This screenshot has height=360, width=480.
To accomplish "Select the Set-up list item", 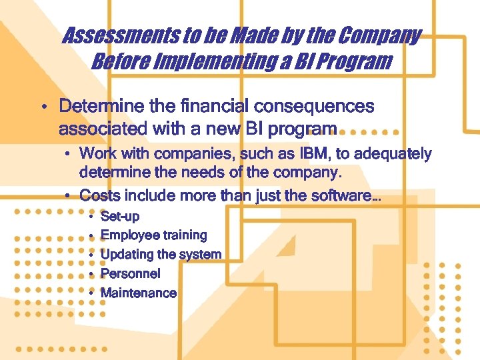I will pos(120,217).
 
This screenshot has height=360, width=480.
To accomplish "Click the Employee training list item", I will pos(153,235).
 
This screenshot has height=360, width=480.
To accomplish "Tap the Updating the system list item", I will pos(161,255).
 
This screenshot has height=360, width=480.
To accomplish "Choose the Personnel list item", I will pos(130,273).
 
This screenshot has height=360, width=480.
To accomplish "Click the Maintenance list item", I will pos(138,293).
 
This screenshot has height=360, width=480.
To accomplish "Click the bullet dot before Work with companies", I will pos(68,155).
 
